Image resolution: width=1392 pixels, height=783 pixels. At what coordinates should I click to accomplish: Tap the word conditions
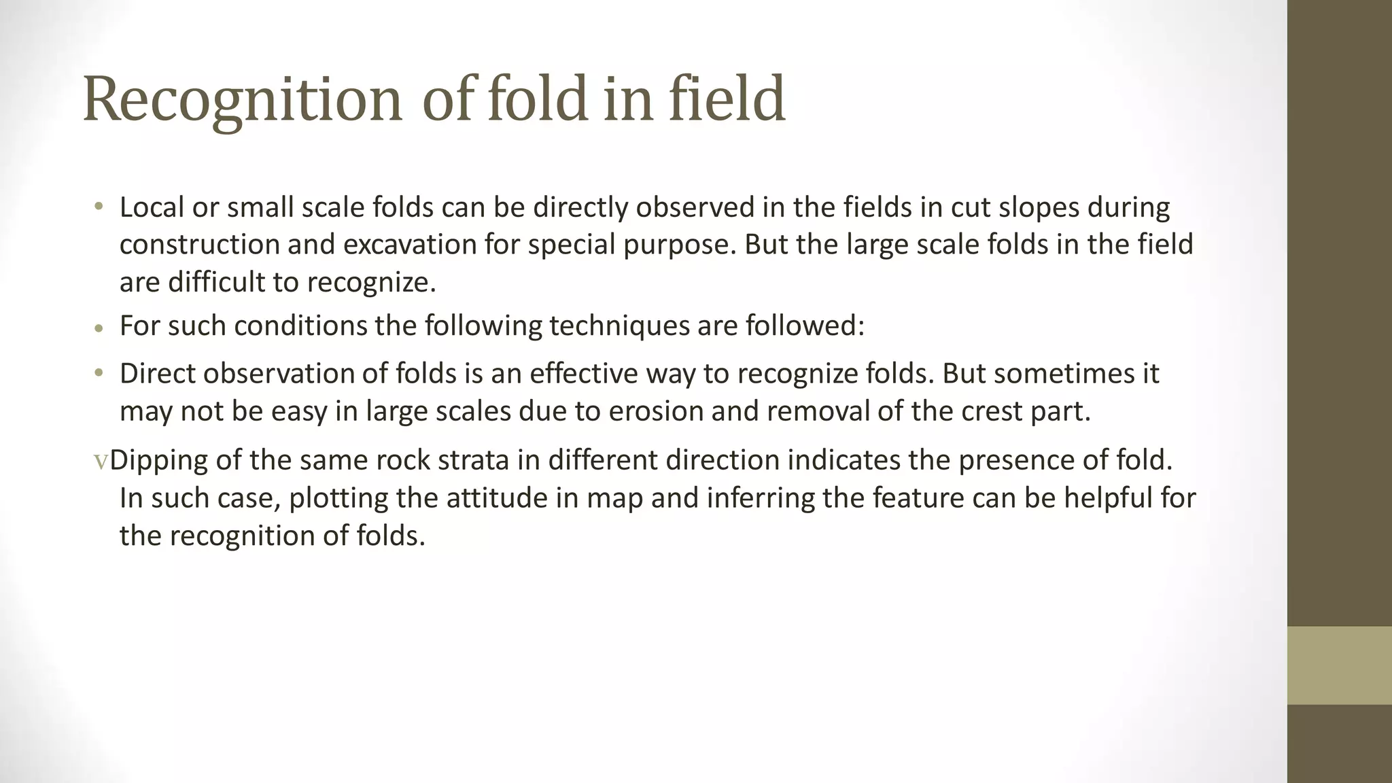point(300,326)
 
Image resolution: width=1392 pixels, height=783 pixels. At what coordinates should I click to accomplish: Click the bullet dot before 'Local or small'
point(99,207)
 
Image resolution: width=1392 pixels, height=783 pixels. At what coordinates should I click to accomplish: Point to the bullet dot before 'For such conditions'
point(99,328)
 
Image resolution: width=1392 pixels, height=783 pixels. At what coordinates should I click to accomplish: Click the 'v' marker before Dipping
point(101,462)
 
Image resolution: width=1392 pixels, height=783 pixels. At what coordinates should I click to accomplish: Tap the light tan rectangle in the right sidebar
point(1339,665)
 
